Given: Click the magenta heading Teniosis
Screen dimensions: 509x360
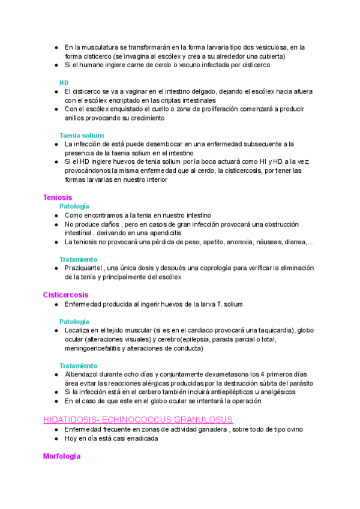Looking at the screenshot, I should [58, 197].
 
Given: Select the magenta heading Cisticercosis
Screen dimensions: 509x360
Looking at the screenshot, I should [65, 295].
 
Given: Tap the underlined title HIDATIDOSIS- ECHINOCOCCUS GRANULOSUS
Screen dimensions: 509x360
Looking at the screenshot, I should [138, 420].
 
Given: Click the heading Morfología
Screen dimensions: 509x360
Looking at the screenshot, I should [62, 457].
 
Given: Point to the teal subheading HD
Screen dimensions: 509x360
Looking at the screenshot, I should [64, 82].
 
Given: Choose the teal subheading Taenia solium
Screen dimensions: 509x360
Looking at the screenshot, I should [82, 136].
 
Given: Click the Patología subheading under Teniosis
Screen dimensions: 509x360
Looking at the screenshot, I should [74, 206].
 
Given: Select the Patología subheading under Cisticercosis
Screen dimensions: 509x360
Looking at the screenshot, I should [74, 322].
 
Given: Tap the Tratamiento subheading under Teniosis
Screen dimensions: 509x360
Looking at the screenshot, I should [78, 259].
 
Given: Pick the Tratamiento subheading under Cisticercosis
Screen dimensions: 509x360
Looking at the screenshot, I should [78, 366].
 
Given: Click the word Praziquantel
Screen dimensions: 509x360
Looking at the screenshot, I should [83, 268].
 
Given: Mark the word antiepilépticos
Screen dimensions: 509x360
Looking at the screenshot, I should [208, 392].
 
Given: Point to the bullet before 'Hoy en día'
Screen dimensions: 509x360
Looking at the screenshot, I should [56, 438].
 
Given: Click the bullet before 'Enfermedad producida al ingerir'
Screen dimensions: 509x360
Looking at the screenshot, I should [56, 304].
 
